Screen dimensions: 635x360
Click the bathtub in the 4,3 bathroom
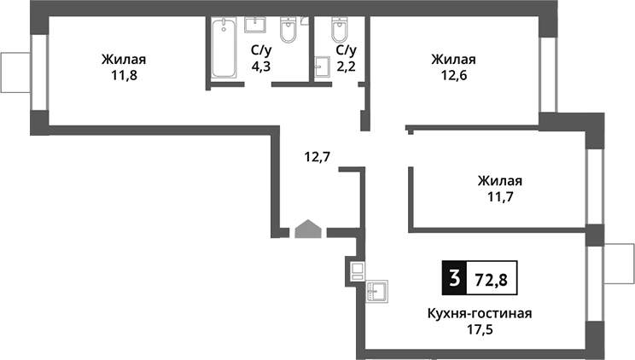point(224,48)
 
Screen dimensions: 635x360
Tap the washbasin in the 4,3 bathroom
point(255,25)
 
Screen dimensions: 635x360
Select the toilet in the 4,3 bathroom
point(288,30)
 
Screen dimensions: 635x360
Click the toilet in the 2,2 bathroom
point(339,30)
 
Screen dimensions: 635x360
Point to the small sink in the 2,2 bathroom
point(323,67)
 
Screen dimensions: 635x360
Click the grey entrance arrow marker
point(308,229)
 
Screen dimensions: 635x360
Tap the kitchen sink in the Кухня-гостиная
point(377,292)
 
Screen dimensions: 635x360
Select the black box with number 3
point(454,278)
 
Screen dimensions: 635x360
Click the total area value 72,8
point(492,280)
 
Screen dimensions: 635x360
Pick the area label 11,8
point(125,75)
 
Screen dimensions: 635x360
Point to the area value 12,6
point(454,75)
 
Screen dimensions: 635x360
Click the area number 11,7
point(500,197)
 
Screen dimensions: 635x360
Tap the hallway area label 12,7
point(317,156)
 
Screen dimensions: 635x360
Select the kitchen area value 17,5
point(481,329)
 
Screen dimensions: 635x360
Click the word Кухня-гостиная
point(480,313)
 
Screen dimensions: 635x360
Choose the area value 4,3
point(261,66)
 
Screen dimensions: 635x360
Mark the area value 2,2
point(347,66)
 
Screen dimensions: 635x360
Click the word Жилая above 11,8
point(124,60)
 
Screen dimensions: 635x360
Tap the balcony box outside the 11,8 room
point(16,73)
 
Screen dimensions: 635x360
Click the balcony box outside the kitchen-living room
point(619,264)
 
